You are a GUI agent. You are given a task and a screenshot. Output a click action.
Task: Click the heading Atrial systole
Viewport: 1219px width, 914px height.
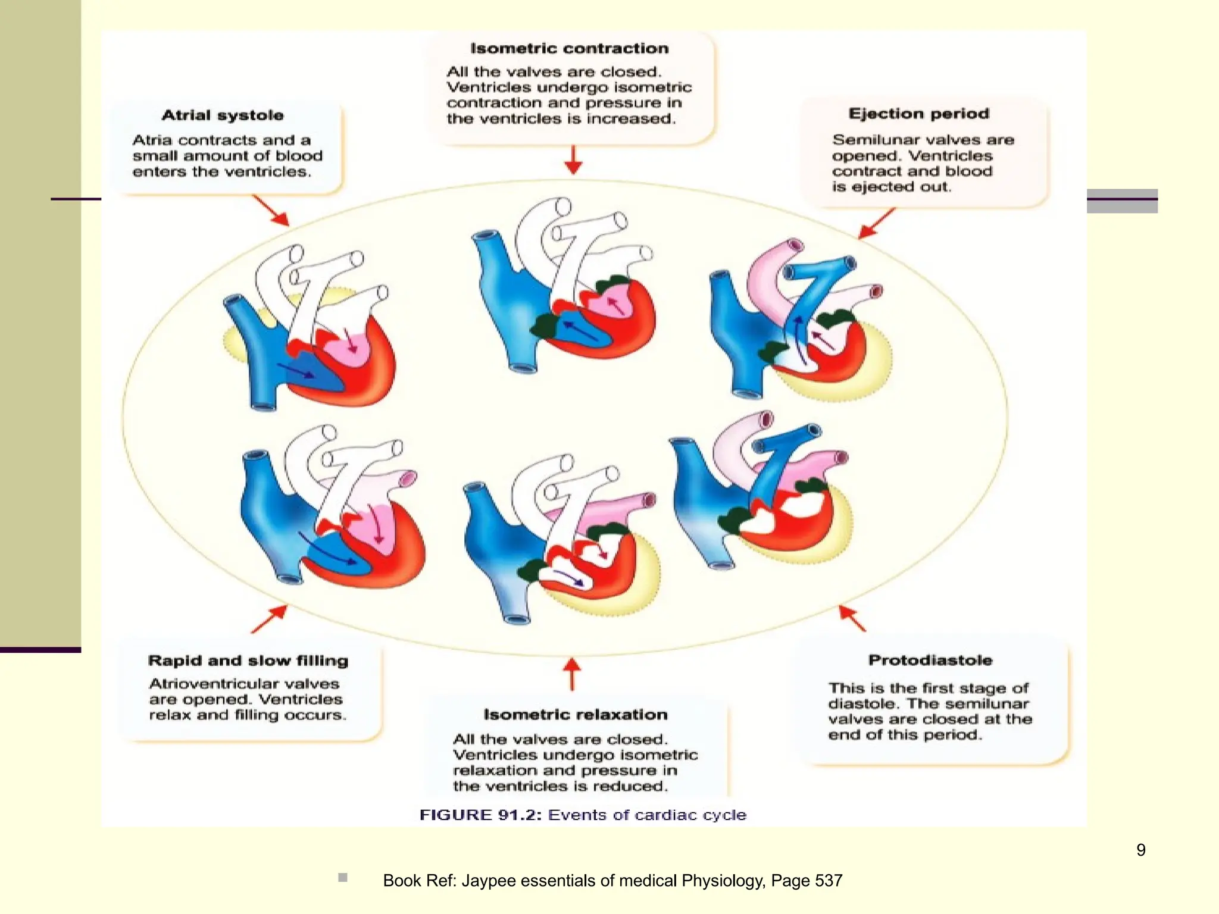(223, 115)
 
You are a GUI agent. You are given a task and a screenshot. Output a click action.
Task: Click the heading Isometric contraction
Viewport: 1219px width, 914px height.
(569, 48)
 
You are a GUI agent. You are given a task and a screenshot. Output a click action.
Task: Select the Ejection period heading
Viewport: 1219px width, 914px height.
(918, 113)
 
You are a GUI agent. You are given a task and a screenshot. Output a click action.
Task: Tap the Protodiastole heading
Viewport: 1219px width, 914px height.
(930, 660)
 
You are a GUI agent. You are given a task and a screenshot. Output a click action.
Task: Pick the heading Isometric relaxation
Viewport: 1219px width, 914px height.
(575, 714)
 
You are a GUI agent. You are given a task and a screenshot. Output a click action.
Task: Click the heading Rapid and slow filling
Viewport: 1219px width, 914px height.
(248, 661)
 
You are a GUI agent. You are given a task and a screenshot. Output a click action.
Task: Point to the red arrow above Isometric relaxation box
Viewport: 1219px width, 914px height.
(572, 674)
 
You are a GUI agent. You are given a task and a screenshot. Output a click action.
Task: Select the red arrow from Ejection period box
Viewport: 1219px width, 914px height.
(876, 223)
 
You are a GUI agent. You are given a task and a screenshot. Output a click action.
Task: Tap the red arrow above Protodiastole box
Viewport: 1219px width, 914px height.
(852, 618)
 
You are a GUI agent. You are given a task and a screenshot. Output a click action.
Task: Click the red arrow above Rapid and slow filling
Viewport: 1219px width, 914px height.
(269, 619)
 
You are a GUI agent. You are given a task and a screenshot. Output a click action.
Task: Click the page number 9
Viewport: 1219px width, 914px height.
(1140, 850)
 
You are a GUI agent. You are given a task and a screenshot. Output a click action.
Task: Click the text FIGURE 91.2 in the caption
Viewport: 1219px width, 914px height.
(480, 815)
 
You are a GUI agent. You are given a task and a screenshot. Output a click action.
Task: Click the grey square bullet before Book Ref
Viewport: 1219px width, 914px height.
(342, 877)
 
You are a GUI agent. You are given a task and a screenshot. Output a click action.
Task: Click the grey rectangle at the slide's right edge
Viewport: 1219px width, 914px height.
(1121, 201)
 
